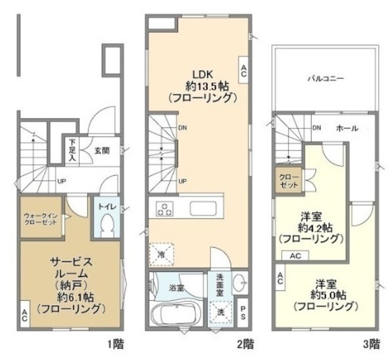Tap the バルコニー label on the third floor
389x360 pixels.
325,79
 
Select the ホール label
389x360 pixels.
346,129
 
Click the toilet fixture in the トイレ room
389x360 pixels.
107,226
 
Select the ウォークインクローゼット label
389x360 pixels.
41,219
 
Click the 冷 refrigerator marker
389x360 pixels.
161,253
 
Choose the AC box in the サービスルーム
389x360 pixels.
24,316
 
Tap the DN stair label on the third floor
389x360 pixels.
316,128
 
